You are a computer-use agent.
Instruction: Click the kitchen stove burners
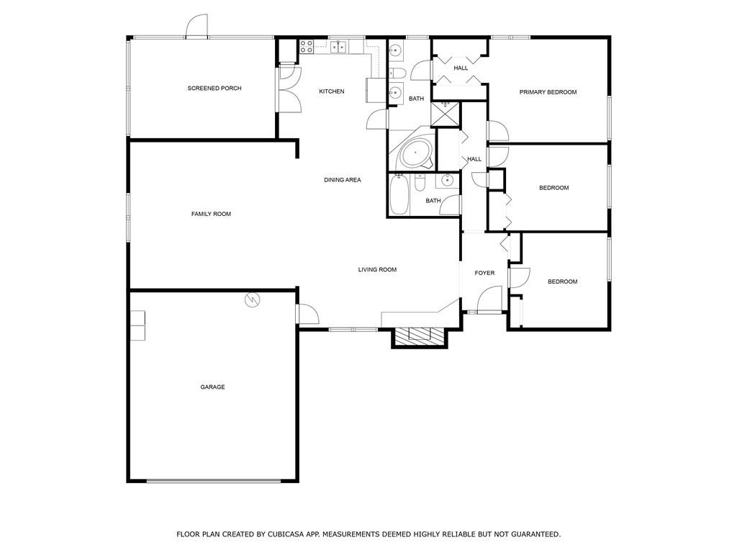(307, 45)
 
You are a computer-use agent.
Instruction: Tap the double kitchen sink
(338, 46)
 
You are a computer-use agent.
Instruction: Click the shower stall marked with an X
(445, 114)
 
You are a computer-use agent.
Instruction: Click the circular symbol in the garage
(253, 300)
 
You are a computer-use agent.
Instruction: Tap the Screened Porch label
(214, 89)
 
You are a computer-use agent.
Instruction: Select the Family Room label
(211, 214)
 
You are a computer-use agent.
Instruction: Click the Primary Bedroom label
(548, 92)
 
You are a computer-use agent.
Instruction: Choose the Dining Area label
(342, 179)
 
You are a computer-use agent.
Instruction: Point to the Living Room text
(377, 269)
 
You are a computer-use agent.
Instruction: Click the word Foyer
(484, 273)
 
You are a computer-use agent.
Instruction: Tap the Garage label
(212, 387)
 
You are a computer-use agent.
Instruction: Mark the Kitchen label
(332, 91)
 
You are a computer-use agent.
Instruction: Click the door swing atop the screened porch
(197, 26)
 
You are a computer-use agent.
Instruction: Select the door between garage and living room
(307, 314)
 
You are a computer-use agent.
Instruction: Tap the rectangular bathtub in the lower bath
(399, 194)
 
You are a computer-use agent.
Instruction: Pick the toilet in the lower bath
(420, 182)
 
